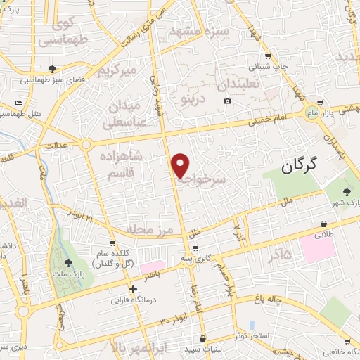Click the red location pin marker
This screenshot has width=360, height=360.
tap(180, 165)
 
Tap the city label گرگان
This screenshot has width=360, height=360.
tap(299, 166)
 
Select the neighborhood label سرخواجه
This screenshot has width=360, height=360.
tap(202, 180)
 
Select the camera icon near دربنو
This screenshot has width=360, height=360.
tap(226, 101)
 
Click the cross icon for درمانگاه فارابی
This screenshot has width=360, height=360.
tap(133, 288)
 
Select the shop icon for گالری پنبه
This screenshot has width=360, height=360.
tap(195, 247)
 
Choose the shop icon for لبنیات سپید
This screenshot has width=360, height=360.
tap(202, 339)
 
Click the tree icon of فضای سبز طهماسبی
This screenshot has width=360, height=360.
tap(53, 68)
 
